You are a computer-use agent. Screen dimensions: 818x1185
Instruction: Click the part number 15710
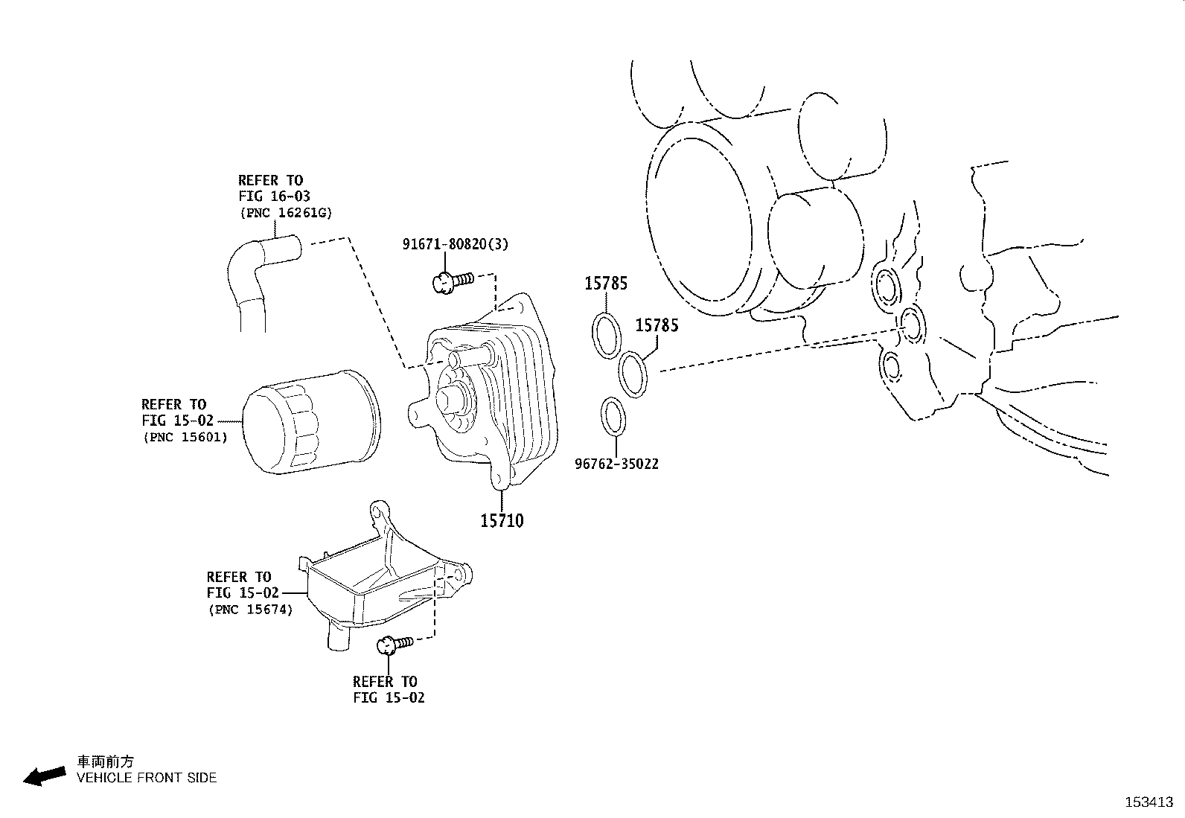click(502, 521)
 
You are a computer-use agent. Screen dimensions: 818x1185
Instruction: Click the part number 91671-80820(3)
click(456, 244)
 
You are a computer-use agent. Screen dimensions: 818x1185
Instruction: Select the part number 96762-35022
click(616, 464)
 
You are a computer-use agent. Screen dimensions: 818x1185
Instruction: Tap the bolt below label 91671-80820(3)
click(450, 282)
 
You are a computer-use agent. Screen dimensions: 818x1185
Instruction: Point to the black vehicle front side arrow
click(44, 776)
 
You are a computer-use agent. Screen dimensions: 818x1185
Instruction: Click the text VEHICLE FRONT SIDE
click(147, 778)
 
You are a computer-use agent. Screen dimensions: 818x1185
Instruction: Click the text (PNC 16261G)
click(286, 213)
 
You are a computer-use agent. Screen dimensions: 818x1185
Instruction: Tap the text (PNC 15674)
click(249, 610)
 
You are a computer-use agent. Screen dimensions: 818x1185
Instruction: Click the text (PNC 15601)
click(185, 438)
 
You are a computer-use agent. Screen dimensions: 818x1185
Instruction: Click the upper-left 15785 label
click(605, 284)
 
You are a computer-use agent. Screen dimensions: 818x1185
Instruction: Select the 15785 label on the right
click(657, 326)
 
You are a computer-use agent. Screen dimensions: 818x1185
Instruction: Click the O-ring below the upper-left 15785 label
click(607, 334)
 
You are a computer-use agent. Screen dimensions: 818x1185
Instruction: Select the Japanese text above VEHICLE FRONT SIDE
click(106, 761)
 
